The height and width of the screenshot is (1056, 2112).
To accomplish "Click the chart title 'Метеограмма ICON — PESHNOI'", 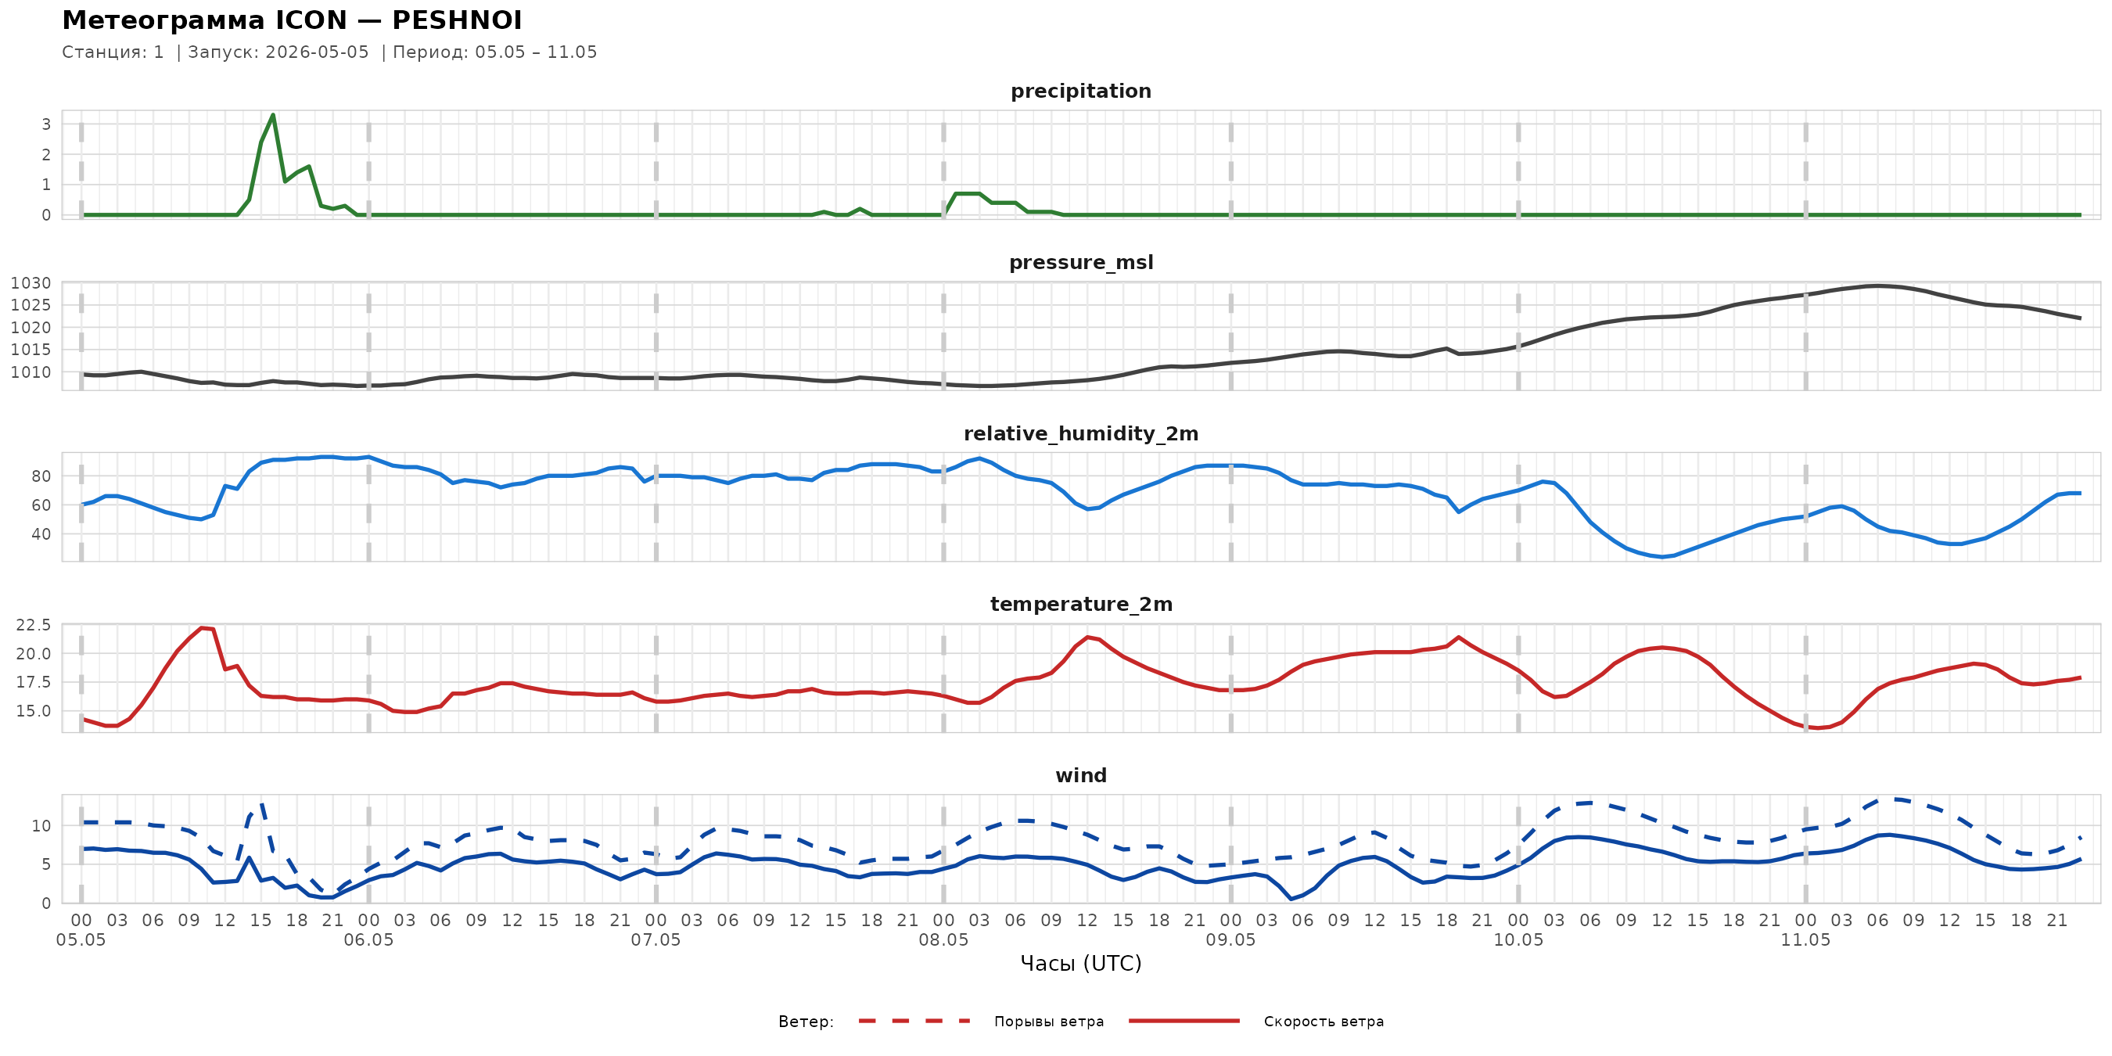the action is pyautogui.click(x=292, y=20).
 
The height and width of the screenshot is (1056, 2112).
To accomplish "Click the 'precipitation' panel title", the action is pyautogui.click(x=1080, y=91).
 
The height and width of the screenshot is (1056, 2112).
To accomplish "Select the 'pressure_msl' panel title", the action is pyautogui.click(x=1080, y=262).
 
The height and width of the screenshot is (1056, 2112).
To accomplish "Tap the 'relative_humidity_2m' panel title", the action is pyautogui.click(x=1080, y=433).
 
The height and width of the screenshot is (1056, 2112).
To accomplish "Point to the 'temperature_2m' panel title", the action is pyautogui.click(x=1080, y=604).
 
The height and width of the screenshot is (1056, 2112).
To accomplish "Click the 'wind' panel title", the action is pyautogui.click(x=1080, y=776).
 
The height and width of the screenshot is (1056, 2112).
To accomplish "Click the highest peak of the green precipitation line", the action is pyautogui.click(x=273, y=115).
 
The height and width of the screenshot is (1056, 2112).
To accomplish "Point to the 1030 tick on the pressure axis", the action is pyautogui.click(x=31, y=283).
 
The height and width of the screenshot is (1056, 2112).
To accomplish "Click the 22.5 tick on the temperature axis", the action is pyautogui.click(x=34, y=625).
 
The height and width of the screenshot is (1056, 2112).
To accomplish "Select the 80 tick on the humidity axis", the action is pyautogui.click(x=41, y=476).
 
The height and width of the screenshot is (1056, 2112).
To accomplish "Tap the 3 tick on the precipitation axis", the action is pyautogui.click(x=47, y=124).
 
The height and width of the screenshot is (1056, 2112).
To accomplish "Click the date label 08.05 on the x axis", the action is pyautogui.click(x=943, y=939).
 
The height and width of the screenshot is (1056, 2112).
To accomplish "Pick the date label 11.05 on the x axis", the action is pyautogui.click(x=1805, y=939).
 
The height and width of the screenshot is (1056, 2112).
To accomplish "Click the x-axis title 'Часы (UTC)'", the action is pyautogui.click(x=1080, y=964).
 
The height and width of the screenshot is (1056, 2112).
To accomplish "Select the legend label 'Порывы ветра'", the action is pyautogui.click(x=1049, y=1022).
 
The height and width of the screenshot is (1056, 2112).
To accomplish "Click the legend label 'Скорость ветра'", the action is pyautogui.click(x=1324, y=1022).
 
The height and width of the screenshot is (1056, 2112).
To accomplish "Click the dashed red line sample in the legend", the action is pyautogui.click(x=914, y=1021).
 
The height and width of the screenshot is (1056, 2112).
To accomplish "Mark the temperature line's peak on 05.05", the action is pyautogui.click(x=202, y=628).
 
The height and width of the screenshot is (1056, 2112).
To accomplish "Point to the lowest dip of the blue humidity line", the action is pyautogui.click(x=1662, y=557).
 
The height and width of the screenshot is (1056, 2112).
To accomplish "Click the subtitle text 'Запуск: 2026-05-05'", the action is pyautogui.click(x=278, y=52).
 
